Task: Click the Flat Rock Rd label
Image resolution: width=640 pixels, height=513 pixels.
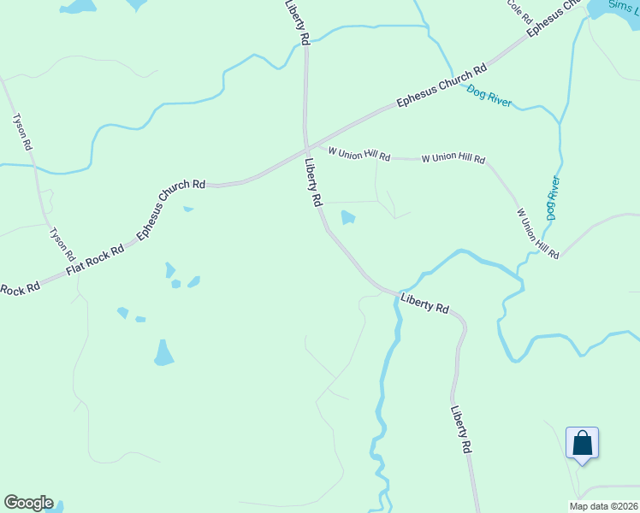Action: (x=95, y=260)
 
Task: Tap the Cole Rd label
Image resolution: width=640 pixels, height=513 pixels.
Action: (x=520, y=10)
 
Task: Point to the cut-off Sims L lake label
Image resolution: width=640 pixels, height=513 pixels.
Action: (x=622, y=6)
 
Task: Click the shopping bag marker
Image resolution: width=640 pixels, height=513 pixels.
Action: (x=582, y=444)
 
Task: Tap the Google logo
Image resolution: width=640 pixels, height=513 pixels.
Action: (x=28, y=503)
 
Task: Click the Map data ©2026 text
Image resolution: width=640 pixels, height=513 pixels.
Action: (x=602, y=506)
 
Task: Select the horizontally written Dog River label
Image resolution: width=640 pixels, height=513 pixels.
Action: (x=489, y=97)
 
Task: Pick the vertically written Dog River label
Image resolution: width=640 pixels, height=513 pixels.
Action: (x=553, y=198)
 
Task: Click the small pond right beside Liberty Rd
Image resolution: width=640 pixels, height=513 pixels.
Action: (x=347, y=218)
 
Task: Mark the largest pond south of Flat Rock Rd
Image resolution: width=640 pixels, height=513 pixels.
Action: (x=163, y=352)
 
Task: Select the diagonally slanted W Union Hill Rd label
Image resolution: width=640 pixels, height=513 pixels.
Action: (x=536, y=233)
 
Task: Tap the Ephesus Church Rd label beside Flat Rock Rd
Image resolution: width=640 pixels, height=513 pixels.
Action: (x=171, y=207)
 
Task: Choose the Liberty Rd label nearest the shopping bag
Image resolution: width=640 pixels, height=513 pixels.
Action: (x=461, y=429)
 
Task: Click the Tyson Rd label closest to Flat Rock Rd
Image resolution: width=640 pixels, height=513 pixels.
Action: (x=62, y=245)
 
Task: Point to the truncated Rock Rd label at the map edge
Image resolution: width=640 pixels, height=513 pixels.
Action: (x=20, y=289)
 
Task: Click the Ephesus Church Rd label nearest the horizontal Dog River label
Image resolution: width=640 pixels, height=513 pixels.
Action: (x=441, y=85)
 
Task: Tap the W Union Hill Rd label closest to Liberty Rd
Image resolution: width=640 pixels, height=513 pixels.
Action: (x=359, y=155)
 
